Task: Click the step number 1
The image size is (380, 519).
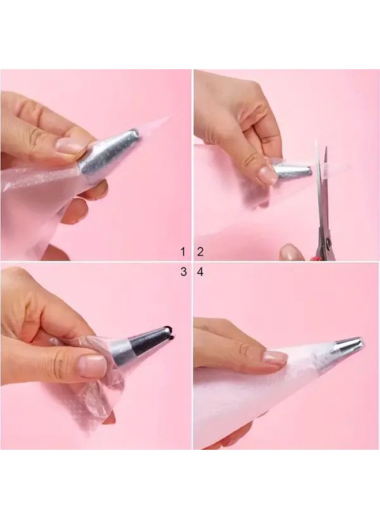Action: click(x=183, y=252)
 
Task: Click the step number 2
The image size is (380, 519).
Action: click(x=200, y=252)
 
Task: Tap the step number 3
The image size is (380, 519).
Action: click(x=184, y=272)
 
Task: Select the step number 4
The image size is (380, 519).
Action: click(x=200, y=272)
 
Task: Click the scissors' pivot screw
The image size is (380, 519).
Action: click(x=329, y=242)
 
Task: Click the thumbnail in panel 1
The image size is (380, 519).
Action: click(x=70, y=146)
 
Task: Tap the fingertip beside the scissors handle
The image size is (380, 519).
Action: click(x=288, y=251)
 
